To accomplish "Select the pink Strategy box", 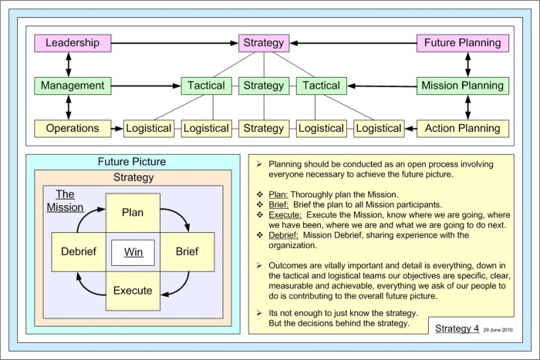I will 264,43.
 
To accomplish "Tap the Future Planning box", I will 462,43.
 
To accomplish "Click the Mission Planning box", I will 462,86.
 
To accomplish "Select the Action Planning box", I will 462,128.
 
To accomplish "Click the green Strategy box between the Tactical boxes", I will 264,86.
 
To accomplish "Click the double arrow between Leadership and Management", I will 69,64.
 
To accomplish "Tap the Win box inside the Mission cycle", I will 133,251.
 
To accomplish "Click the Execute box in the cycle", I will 133,291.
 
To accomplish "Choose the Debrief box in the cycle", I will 78,251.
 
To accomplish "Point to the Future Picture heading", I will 132,163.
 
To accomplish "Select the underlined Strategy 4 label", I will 457,329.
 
